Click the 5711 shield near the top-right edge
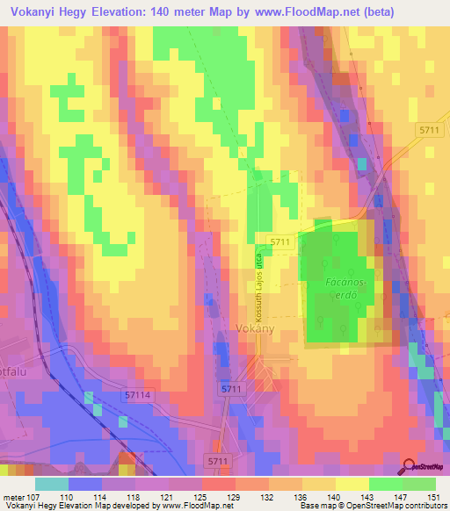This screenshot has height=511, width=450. click(x=430, y=130)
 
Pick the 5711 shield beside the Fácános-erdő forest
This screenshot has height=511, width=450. click(x=280, y=241)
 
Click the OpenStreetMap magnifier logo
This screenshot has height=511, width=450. click(x=410, y=466)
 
